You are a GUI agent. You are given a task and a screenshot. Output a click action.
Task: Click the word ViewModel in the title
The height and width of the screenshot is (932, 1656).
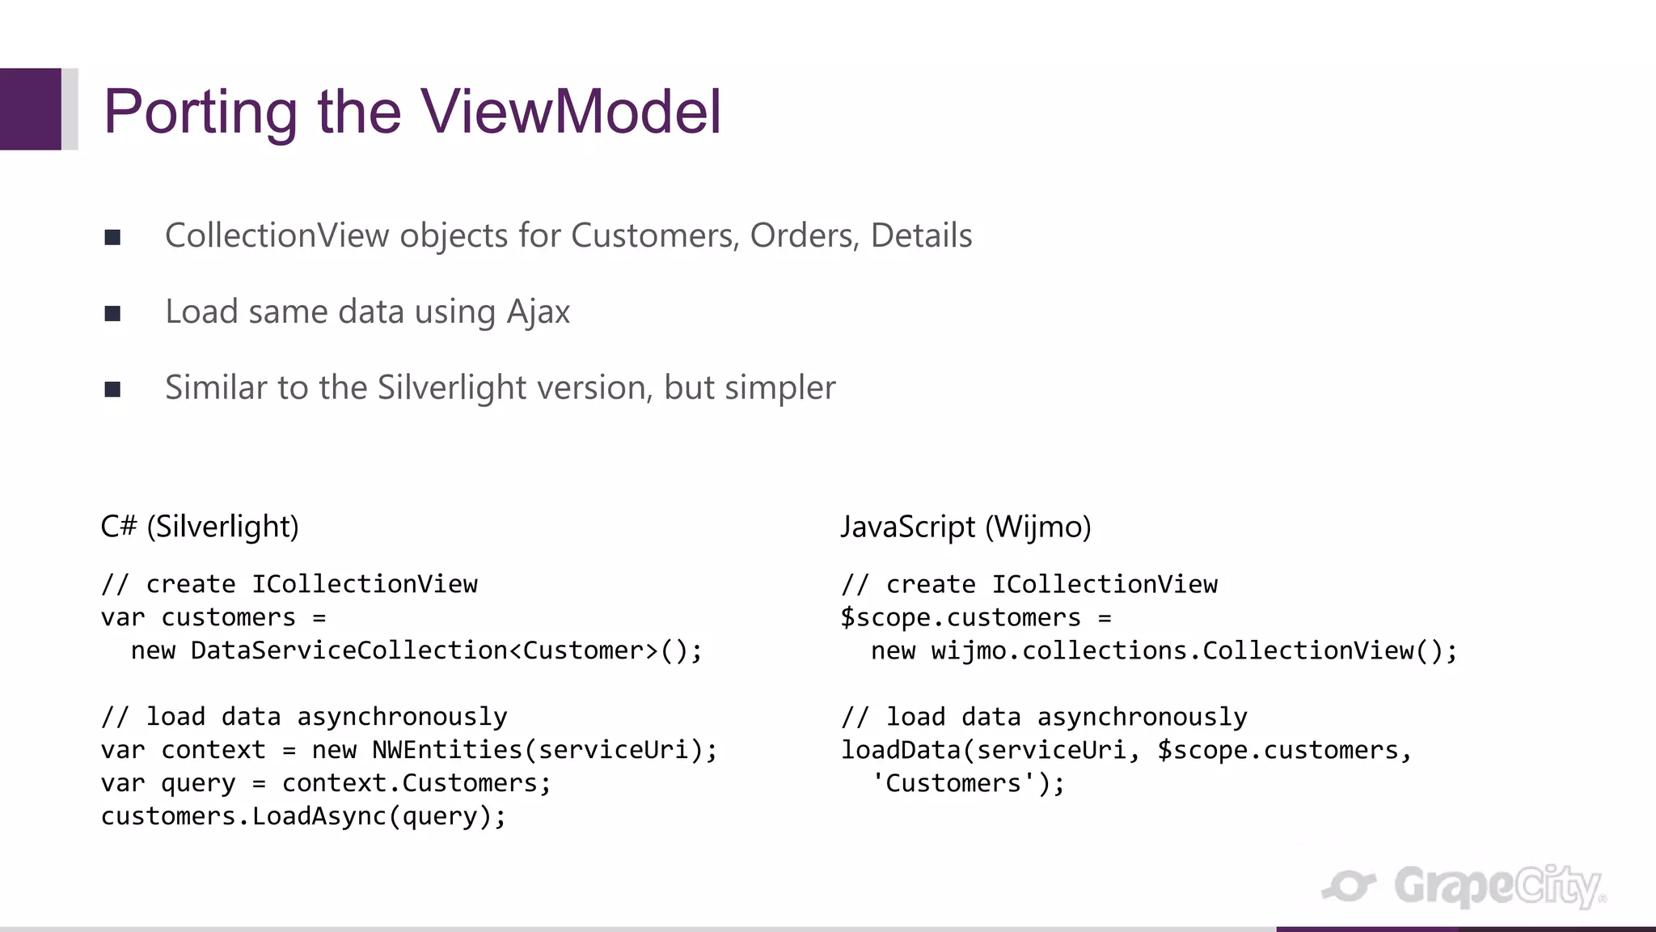point(570,111)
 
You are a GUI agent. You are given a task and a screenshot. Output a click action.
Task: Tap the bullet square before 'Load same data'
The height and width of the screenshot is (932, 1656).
point(112,313)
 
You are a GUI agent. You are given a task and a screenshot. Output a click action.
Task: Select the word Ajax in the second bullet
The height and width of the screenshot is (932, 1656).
point(538,312)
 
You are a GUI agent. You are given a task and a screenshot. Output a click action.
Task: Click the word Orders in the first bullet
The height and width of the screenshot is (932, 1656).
point(804,235)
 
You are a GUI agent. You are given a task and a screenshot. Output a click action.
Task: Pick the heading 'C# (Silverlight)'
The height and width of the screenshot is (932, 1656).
point(200,527)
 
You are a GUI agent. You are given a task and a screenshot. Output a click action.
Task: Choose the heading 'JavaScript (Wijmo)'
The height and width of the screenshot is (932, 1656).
point(965,527)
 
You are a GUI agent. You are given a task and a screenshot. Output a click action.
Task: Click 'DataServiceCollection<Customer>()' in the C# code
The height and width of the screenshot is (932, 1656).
point(446,650)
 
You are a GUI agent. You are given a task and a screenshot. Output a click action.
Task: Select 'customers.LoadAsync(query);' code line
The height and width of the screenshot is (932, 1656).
point(303,816)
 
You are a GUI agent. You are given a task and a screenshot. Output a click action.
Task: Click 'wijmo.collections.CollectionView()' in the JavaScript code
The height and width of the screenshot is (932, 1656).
point(1193,650)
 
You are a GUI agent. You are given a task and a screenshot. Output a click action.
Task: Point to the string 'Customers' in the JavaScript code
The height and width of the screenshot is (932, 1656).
point(953,783)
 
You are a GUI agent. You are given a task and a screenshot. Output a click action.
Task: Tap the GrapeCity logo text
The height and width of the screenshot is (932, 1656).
point(1496,887)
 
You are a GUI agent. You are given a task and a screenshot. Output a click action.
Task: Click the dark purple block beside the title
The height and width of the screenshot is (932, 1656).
point(30,109)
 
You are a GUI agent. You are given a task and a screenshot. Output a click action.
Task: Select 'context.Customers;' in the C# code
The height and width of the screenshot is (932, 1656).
point(416,783)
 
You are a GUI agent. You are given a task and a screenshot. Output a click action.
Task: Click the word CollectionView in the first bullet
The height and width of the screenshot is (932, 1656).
point(277,235)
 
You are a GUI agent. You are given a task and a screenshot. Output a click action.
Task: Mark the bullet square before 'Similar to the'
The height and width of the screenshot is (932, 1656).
point(112,389)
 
